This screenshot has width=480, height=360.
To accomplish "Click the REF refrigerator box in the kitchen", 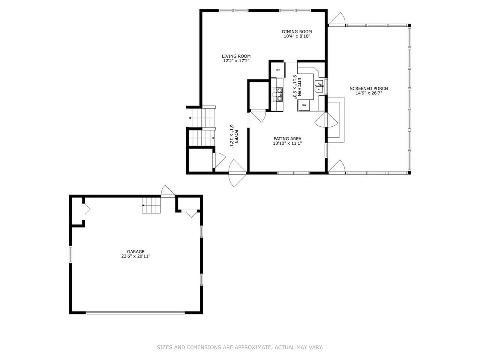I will [x=278, y=70].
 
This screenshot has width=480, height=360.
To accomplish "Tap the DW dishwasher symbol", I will [x=304, y=105].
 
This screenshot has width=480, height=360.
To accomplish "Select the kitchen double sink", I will [x=319, y=86].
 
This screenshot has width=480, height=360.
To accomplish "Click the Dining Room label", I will [x=297, y=32].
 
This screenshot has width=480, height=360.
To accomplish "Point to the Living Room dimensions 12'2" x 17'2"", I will [x=236, y=60].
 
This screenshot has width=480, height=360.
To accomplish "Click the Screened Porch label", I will [x=369, y=88].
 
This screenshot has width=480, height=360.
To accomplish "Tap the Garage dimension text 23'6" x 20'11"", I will [x=135, y=256].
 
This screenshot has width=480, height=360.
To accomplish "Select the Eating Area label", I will [x=287, y=139].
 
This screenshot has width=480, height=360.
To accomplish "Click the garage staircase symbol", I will [x=151, y=205].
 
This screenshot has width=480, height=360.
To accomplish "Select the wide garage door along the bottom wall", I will [x=135, y=312].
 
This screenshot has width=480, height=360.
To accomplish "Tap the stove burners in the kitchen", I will [x=279, y=94].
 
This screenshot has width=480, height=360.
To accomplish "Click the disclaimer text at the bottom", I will [x=240, y=348].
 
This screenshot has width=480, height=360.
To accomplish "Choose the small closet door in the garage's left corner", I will [x=86, y=209].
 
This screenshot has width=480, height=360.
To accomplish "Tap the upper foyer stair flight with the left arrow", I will [x=202, y=118].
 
